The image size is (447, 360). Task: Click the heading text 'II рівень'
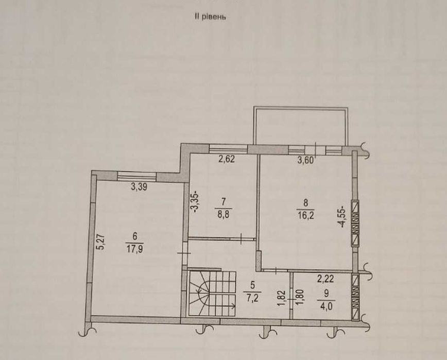pyautogui.click(x=210, y=16)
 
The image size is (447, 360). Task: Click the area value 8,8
pyautogui.click(x=223, y=210)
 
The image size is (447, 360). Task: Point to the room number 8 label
pyautogui.click(x=306, y=201)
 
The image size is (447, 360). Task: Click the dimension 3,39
pyautogui.click(x=139, y=187)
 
